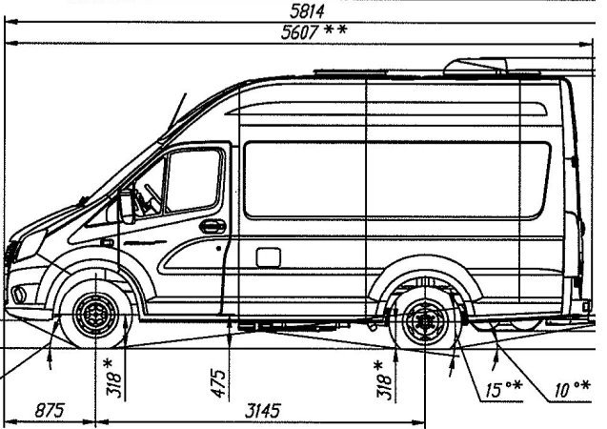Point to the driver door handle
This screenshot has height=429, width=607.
[212, 227]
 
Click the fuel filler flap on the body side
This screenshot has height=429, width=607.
[269, 256]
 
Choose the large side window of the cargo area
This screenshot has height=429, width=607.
[396, 178]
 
